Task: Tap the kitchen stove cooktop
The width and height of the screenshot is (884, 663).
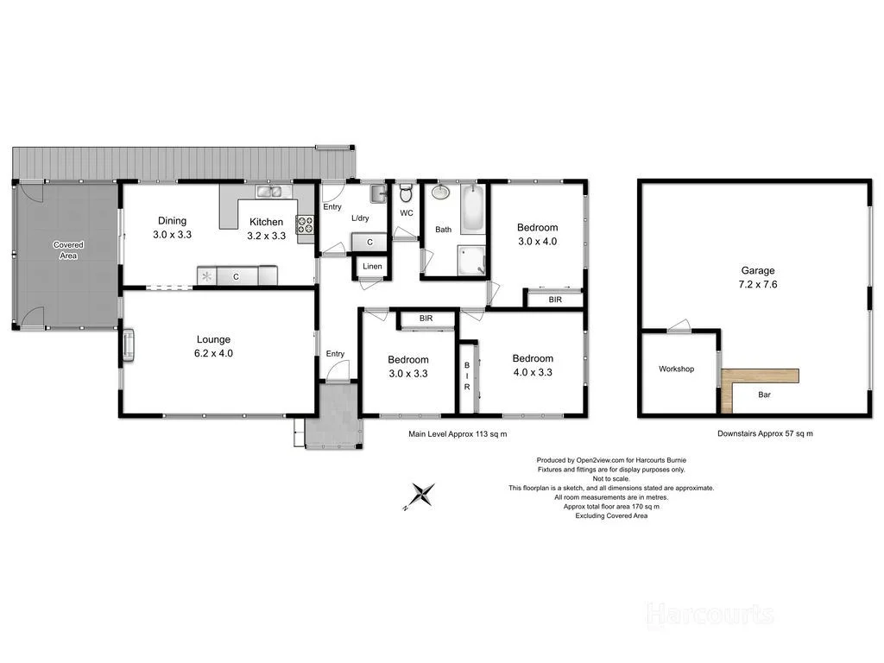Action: click(x=306, y=224)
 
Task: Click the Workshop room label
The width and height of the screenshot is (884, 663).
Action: click(x=676, y=369)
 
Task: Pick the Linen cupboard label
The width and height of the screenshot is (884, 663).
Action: click(x=372, y=266)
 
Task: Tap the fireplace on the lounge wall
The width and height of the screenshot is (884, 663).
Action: click(x=128, y=345)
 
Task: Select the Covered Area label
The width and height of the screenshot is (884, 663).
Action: click(x=68, y=249)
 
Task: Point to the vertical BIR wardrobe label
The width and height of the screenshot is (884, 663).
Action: click(x=467, y=376)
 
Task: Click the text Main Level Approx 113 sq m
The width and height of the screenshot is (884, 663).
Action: click(x=458, y=434)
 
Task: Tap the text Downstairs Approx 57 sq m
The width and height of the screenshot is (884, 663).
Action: click(x=765, y=434)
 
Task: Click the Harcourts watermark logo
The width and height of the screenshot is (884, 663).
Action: click(x=710, y=614)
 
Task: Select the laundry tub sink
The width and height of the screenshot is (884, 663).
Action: click(x=378, y=194)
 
